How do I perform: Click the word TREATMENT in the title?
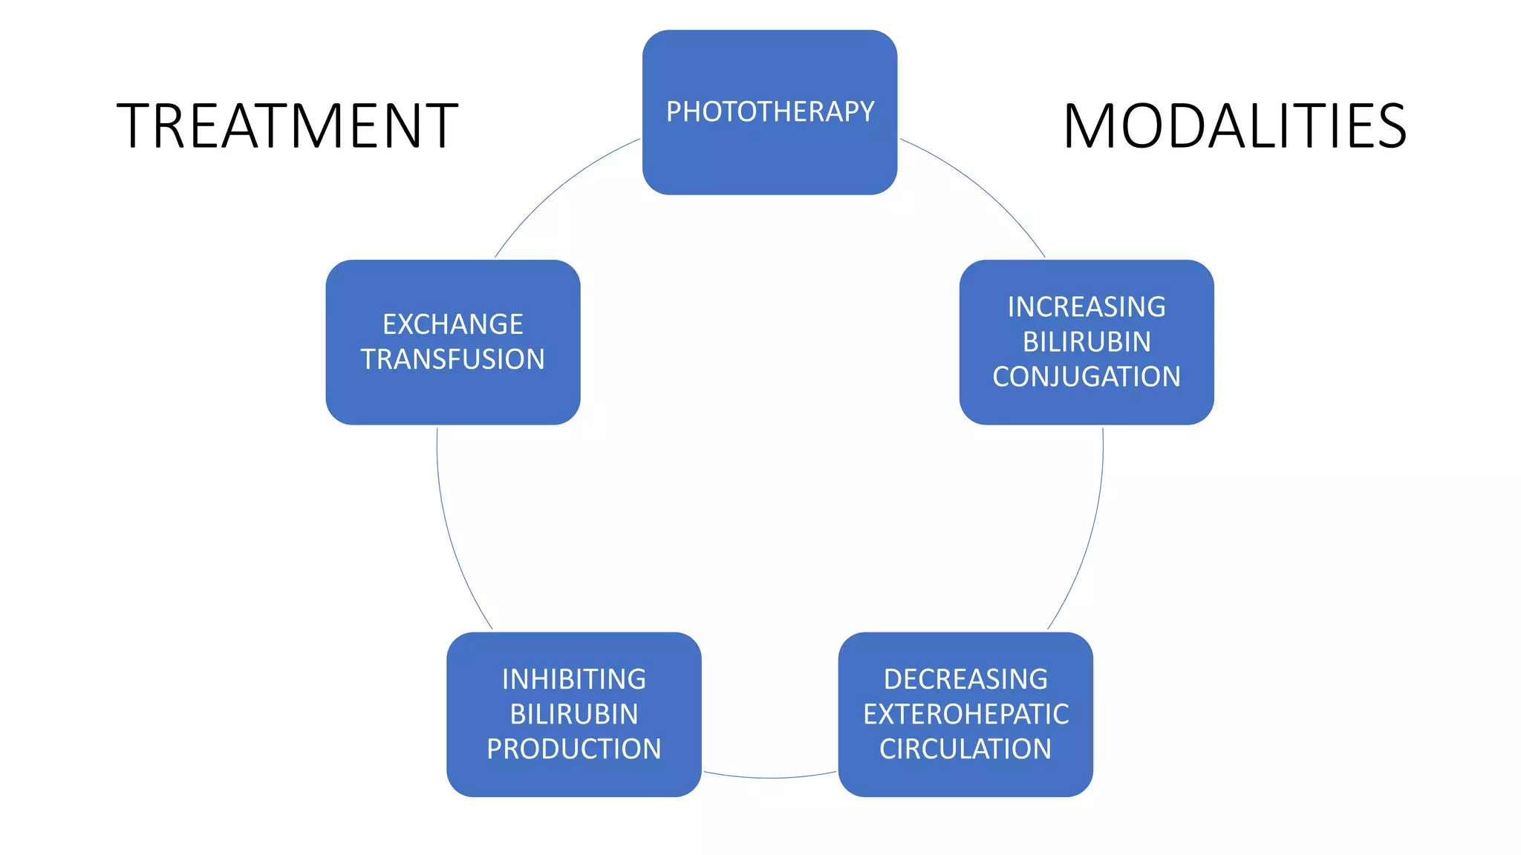pos(287,126)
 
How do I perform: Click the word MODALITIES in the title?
pos(1234,126)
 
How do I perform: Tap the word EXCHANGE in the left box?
pos(452,324)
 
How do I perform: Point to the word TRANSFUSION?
pos(452,359)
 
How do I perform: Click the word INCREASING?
pos(1086,307)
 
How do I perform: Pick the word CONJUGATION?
pos(1086,376)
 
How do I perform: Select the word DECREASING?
pos(965,679)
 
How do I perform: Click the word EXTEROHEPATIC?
pos(965,714)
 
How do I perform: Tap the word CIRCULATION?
pos(965,749)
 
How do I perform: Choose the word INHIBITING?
pos(573,679)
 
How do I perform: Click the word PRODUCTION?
pos(573,749)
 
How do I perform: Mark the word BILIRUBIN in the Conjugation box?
pos(1086,341)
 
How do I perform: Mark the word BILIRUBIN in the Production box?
pos(573,714)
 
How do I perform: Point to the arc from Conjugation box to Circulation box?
pos(1090,534)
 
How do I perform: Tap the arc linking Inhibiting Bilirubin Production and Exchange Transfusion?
pos(450,534)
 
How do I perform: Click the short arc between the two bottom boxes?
pos(769,778)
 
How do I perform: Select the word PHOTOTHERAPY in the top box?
pos(769,111)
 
